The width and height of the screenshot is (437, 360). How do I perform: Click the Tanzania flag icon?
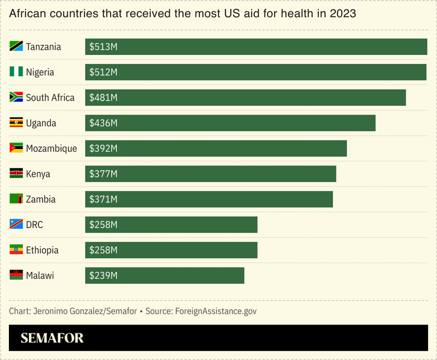16,47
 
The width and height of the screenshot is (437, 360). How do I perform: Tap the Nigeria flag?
16,72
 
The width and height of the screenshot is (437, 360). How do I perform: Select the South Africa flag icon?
16,98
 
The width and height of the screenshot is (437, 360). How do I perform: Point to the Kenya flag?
16,174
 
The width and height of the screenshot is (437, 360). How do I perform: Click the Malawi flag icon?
16,275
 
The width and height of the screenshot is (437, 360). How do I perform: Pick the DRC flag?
16,225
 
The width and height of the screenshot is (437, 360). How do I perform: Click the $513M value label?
103,47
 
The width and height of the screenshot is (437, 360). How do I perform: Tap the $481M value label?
103,98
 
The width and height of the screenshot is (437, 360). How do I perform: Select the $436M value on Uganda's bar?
103,123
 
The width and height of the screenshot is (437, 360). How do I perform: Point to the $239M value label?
103,275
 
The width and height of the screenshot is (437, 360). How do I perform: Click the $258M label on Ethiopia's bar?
103,250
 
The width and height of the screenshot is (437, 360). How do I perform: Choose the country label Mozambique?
51,148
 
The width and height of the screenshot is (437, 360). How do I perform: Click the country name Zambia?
41,199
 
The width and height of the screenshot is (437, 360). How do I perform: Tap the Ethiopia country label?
42,250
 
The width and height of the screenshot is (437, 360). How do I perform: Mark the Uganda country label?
41,123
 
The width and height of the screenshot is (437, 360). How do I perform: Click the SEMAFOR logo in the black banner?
52,338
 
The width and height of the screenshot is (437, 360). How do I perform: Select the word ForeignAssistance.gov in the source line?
216,311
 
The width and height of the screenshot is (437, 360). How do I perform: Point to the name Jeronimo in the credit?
53,311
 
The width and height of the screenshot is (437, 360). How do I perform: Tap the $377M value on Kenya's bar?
103,174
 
